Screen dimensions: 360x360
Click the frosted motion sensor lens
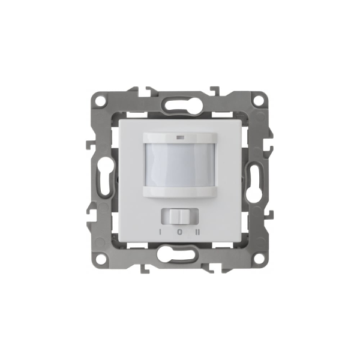[180, 164]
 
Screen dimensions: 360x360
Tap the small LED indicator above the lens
[179, 138]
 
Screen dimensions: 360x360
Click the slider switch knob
[180, 217]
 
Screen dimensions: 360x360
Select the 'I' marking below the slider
[160, 232]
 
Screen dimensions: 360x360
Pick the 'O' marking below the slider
[180, 232]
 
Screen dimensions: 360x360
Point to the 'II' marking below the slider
[197, 232]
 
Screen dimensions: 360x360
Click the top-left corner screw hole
[100, 100]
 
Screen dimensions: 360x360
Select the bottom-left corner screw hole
[100, 259]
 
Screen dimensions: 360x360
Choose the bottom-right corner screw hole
[259, 259]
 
